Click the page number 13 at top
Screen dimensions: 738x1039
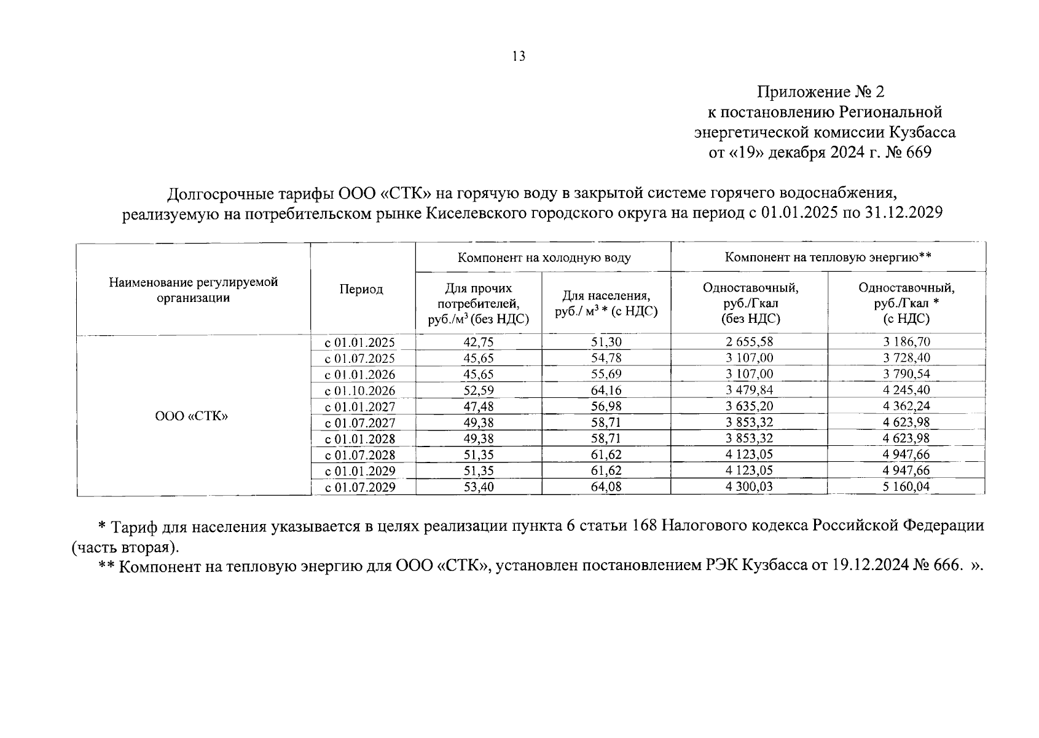pos(519,57)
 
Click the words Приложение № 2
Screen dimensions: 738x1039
pos(820,92)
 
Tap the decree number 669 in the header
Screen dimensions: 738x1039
pos(919,152)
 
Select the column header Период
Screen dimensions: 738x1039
pos(361,289)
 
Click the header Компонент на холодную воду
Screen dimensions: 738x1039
pos(543,257)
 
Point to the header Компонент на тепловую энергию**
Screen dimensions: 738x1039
pos(828,257)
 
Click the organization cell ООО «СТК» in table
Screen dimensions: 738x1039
pos(192,416)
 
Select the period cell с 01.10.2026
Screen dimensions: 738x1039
pos(360,391)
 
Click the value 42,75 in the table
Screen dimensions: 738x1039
pos(478,343)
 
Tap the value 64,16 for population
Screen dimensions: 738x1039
pos(606,391)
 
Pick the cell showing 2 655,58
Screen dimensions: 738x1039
pos(749,342)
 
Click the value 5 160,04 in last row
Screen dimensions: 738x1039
pos(906,487)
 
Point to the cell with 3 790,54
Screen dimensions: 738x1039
pos(906,374)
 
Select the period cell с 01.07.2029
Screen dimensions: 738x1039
pos(360,487)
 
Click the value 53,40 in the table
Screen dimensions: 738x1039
pos(478,487)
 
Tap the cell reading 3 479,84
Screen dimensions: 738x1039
pos(749,390)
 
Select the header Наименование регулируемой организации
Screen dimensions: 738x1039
pos(194,290)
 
